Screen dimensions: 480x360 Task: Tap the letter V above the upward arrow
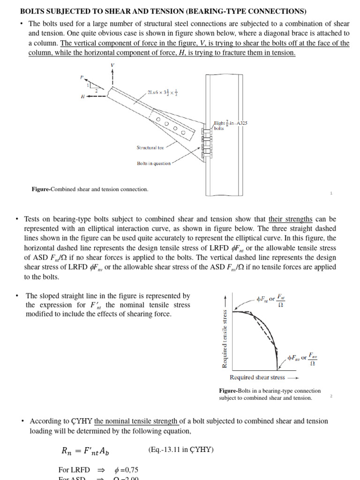(x=112, y=65)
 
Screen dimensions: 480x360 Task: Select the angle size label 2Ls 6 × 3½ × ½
(x=163, y=92)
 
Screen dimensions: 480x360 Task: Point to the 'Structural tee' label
(x=150, y=148)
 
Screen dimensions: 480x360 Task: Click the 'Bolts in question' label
(x=153, y=164)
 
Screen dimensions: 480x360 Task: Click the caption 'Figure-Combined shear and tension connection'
(x=90, y=189)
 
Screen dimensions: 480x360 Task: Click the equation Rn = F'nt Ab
(x=86, y=451)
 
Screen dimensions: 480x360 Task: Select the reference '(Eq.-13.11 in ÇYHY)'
(x=180, y=450)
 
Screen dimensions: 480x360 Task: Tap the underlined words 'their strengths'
(x=290, y=219)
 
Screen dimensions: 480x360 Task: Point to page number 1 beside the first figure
(x=331, y=193)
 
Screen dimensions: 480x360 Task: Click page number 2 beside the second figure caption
(x=331, y=396)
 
